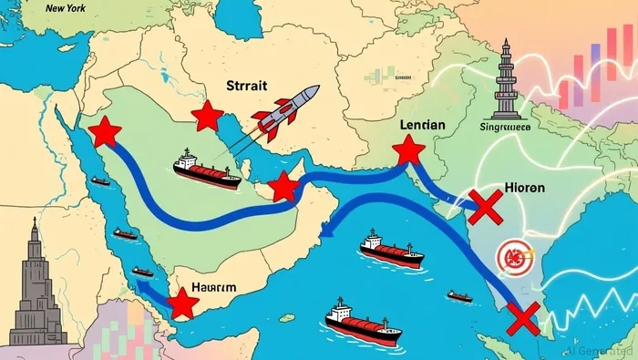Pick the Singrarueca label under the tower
(504, 128)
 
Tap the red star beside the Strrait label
(207, 116)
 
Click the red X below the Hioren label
(485, 209)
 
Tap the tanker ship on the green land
(207, 170)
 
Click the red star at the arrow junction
(284, 187)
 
